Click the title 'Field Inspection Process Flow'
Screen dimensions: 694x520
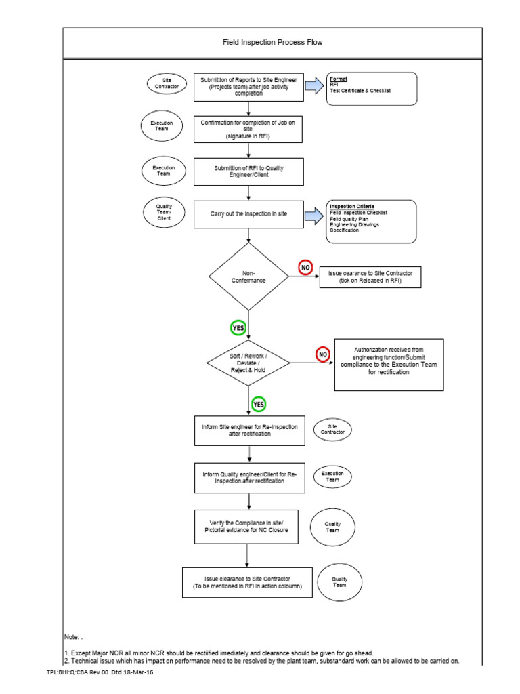coord(273,42)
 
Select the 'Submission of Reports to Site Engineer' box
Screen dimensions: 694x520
coord(248,87)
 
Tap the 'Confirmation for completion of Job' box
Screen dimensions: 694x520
coord(248,129)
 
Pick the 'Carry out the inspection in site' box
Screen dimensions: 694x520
coord(248,214)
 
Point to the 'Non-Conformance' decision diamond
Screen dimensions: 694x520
coord(248,276)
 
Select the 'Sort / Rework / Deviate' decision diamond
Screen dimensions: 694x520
coord(248,363)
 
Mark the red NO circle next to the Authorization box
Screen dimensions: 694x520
coord(323,354)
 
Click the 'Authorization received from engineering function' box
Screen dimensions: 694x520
coord(389,364)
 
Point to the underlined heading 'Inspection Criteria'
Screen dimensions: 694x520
coord(351,206)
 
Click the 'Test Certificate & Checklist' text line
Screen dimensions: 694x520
coord(360,91)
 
